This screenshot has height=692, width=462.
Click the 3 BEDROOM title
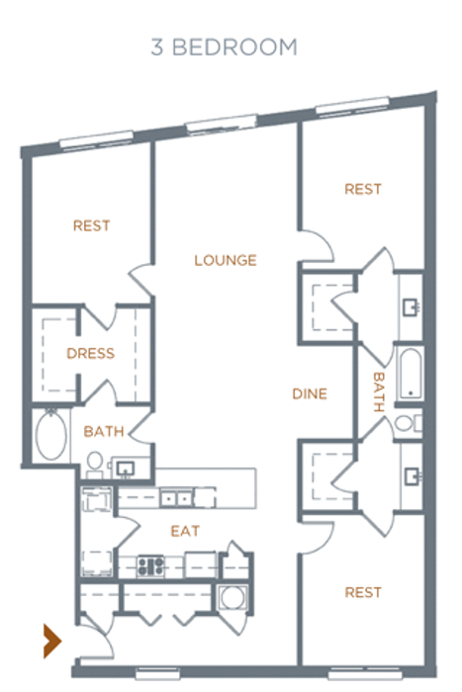224,47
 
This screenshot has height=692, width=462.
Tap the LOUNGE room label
226,260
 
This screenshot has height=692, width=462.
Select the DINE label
310,393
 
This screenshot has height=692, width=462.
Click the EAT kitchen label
185,531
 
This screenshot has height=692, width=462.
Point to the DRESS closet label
91,353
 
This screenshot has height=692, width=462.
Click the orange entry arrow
52,641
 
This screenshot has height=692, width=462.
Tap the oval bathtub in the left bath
51,435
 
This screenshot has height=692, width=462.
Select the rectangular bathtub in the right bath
411,374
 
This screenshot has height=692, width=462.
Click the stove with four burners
150,566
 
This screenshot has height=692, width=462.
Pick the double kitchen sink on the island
176,498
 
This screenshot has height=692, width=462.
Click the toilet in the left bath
95,465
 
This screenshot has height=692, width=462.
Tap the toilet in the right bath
409,424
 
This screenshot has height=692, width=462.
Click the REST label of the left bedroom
91,226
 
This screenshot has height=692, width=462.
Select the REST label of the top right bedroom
363,190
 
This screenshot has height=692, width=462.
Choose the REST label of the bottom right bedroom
363,592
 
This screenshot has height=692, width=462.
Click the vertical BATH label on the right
379,391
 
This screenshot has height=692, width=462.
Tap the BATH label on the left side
104,431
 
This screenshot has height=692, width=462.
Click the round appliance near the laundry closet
232,598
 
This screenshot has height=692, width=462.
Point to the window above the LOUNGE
222,123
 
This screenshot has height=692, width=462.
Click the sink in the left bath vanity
126,469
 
